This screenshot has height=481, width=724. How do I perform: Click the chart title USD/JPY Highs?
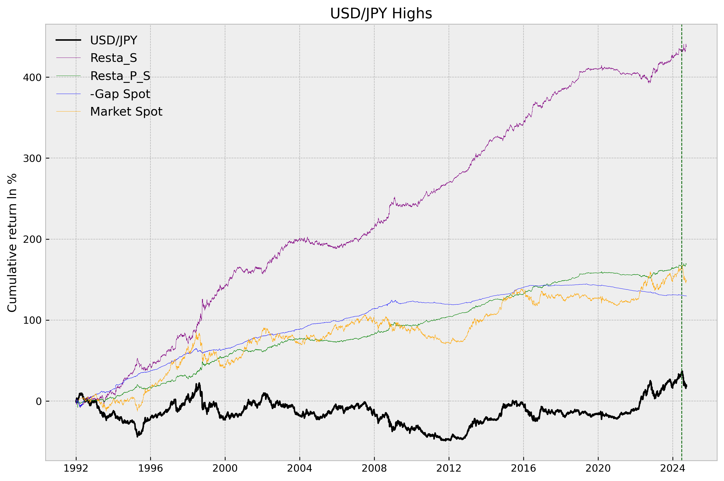381,13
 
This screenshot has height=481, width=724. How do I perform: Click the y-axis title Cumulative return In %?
12,243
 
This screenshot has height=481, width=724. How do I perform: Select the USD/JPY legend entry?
113,40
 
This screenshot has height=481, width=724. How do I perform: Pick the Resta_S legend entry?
113,58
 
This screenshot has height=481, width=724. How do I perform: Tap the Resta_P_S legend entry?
120,76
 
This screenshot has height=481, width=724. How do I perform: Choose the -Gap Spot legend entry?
120,94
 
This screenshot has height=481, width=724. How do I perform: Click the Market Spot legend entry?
126,112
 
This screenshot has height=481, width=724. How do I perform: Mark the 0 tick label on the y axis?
39,401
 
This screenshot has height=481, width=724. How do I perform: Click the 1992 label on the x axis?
76,468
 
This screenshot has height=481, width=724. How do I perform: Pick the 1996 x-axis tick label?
150,468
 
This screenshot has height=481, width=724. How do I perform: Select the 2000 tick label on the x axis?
225,468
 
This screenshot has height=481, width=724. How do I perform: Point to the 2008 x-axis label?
374,468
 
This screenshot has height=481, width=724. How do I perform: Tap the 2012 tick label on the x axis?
449,468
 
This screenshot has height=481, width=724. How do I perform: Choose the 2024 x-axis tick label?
672,468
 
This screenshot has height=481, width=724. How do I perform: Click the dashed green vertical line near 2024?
682,215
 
